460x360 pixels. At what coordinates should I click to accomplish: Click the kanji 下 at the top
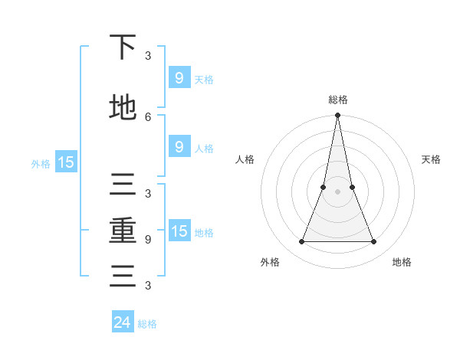[123, 48]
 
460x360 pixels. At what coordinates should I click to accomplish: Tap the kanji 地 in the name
[123, 108]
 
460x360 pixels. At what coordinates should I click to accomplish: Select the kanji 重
[123, 231]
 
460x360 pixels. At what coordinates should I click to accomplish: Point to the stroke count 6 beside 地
[148, 116]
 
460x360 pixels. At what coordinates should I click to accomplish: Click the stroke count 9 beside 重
[148, 239]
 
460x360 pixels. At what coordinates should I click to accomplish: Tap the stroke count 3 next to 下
[148, 56]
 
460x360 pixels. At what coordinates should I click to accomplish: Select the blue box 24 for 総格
[123, 322]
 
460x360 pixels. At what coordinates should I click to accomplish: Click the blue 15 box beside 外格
[65, 162]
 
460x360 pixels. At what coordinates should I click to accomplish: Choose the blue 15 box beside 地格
[179, 231]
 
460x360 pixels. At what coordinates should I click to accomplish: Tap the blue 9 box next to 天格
[179, 77]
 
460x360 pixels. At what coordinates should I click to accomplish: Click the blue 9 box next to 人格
[179, 147]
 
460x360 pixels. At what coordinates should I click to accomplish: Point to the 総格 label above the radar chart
[338, 100]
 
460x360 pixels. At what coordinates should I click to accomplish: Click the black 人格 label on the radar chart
[245, 159]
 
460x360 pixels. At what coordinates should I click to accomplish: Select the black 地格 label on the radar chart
[402, 262]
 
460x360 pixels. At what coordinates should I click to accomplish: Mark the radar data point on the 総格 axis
[338, 116]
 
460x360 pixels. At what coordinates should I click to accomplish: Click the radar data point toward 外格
[301, 242]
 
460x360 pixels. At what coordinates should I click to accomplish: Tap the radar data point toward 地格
[374, 242]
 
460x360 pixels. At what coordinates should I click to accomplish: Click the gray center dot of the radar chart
[338, 191]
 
